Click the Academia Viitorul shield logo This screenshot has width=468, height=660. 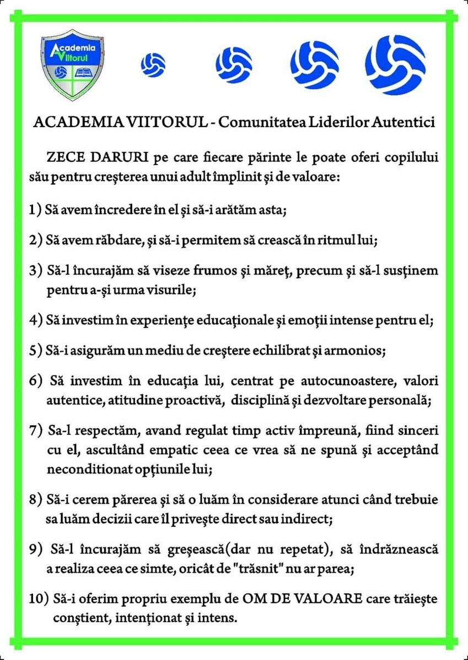[72, 64]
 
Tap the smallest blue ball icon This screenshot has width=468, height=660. [153, 64]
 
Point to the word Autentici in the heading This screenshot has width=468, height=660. [407, 122]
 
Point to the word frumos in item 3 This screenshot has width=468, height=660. [227, 271]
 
